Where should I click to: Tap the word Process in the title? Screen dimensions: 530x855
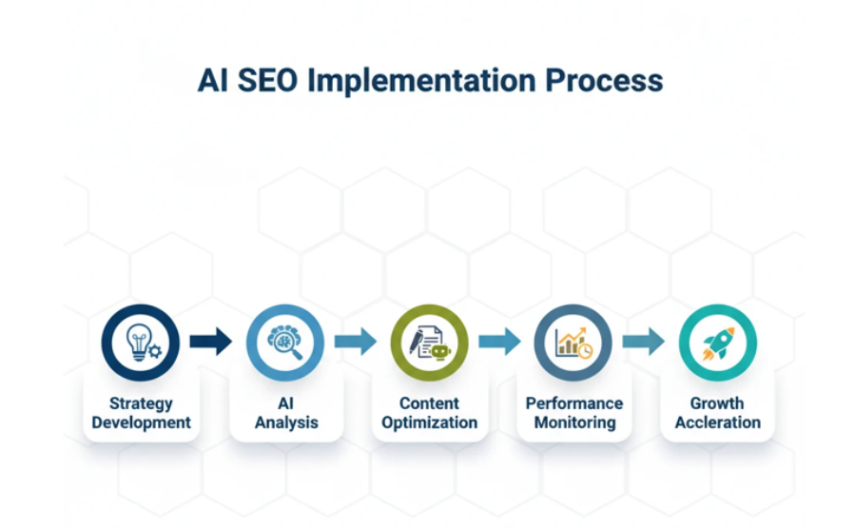pos(604,81)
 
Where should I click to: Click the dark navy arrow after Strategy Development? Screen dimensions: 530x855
pos(211,342)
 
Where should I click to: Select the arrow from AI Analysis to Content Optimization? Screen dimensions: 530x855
pos(356,342)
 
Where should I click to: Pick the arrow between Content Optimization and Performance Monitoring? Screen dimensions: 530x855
pos(500,342)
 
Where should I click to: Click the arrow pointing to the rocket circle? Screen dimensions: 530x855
pos(644,342)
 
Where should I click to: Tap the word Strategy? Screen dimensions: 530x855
pos(141,404)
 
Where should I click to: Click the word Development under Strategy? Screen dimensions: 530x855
pos(141,422)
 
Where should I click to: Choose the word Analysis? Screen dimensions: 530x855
pos(285,422)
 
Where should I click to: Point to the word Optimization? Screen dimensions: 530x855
pos(429,422)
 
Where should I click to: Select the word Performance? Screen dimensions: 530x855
pos(573,404)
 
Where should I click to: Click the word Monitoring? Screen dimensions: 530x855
pos(573,422)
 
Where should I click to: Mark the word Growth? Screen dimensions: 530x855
pos(717,404)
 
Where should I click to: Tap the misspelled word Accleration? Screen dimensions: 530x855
pos(717,422)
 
